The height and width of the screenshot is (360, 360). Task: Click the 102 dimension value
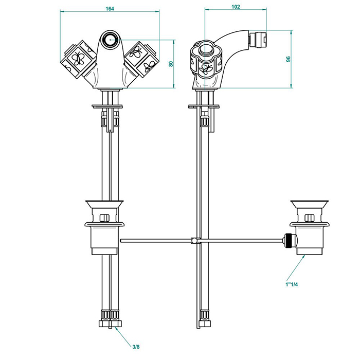236,7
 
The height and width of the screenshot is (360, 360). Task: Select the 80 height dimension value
170,63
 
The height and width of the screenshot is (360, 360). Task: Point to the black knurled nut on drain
291,240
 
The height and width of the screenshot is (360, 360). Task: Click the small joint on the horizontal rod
193,240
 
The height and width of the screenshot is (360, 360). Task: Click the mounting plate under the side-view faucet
204,106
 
